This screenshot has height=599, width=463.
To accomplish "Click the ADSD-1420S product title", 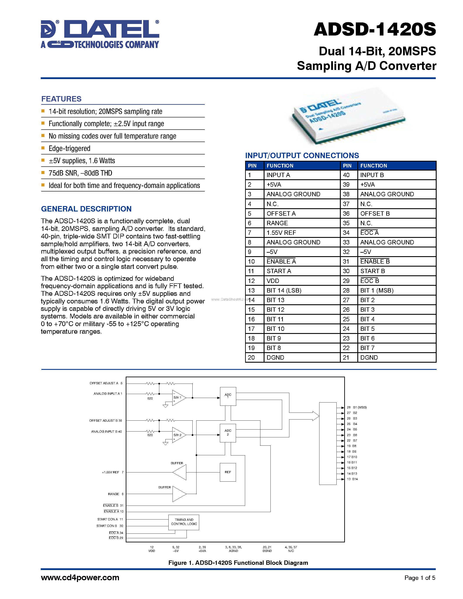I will pyautogui.click(x=375, y=30).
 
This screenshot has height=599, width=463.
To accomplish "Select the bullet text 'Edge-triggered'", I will pyautogui.click(x=69, y=148).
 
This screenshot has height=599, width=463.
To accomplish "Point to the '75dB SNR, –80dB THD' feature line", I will pyautogui.click(x=80, y=173).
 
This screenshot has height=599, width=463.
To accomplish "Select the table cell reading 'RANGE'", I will pyautogui.click(x=277, y=223).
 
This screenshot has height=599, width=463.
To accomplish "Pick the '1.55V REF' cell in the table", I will pyautogui.click(x=281, y=233).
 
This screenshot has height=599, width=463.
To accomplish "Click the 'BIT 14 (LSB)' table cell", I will pyautogui.click(x=284, y=290).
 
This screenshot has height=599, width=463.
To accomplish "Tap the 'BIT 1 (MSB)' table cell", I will pyautogui.click(x=377, y=290).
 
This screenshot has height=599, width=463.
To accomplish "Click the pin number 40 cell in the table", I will pyautogui.click(x=346, y=175).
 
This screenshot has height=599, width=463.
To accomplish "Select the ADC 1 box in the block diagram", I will pyautogui.click(x=228, y=396).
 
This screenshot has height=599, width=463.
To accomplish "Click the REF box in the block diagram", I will pyautogui.click(x=228, y=472).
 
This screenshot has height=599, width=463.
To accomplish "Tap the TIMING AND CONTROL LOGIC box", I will pyautogui.click(x=184, y=522).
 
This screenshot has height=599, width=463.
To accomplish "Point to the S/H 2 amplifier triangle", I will pyautogui.click(x=178, y=435).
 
